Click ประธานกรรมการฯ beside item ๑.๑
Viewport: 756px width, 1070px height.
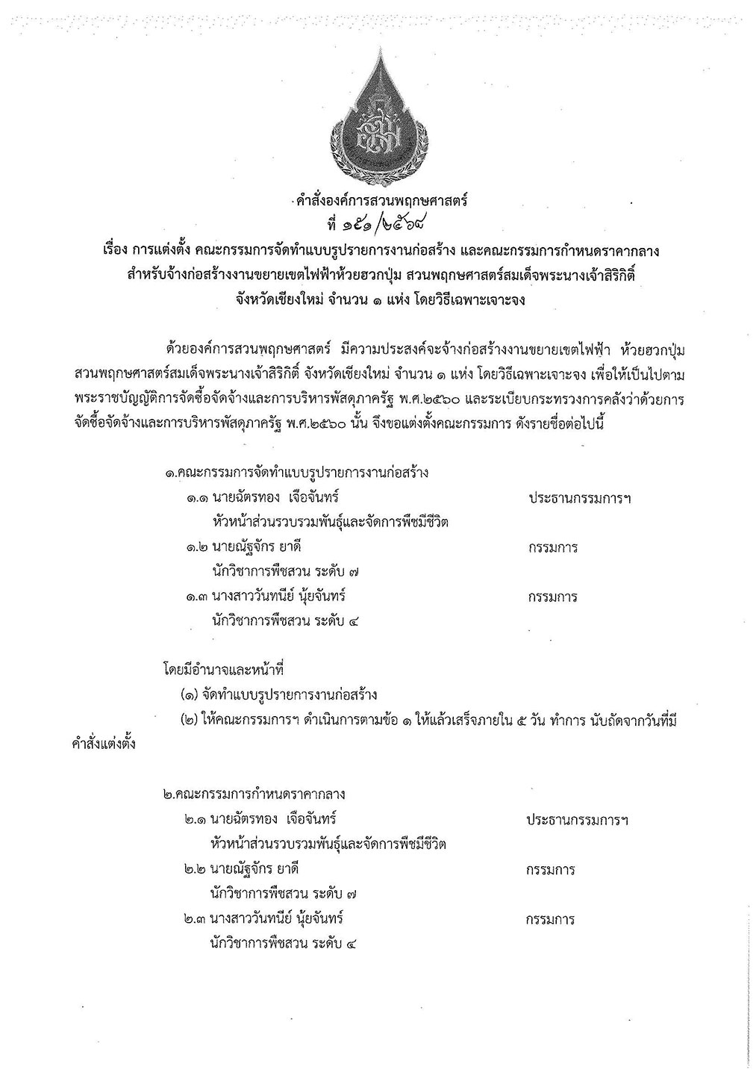click(x=579, y=497)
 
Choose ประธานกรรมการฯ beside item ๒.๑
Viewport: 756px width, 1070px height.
click(x=578, y=820)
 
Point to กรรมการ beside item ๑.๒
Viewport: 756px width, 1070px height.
click(x=552, y=547)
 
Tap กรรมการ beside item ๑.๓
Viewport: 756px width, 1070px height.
click(x=552, y=597)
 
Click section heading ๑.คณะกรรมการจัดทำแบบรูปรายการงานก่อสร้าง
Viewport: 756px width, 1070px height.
click(x=296, y=473)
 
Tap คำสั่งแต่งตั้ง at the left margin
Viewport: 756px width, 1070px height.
click(x=99, y=744)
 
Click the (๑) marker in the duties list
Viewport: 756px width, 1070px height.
click(x=190, y=695)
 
